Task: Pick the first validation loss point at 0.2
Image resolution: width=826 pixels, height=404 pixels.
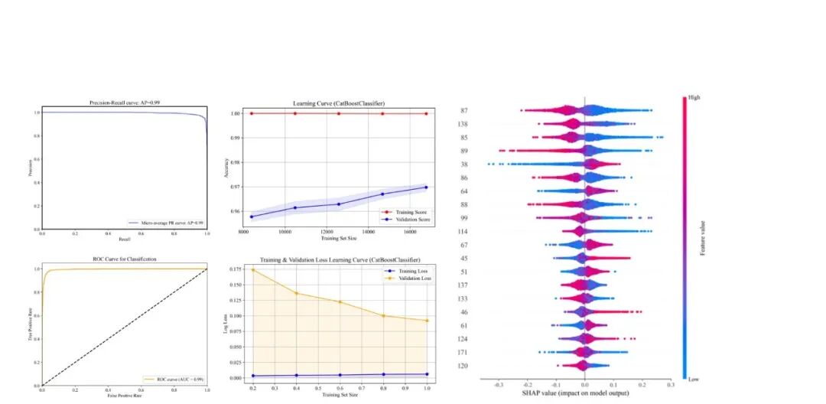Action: (252, 269)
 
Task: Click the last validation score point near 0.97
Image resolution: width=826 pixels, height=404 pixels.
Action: (426, 187)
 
